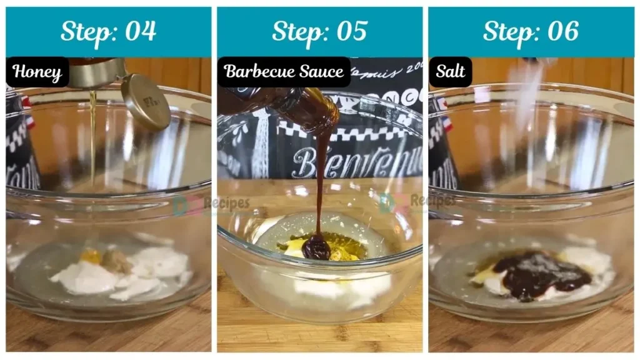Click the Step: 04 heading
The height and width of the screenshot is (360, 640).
(x=108, y=31)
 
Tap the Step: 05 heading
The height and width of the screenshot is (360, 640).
(x=319, y=31)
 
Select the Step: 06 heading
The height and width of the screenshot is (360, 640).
(x=531, y=31)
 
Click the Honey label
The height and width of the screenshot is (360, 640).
(x=37, y=72)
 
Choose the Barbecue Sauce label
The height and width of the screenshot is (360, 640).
(x=284, y=71)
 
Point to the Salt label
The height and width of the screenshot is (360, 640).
(x=450, y=71)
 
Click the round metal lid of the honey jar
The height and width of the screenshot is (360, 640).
(x=145, y=102)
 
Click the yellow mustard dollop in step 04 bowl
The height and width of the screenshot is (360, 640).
(x=91, y=256)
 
